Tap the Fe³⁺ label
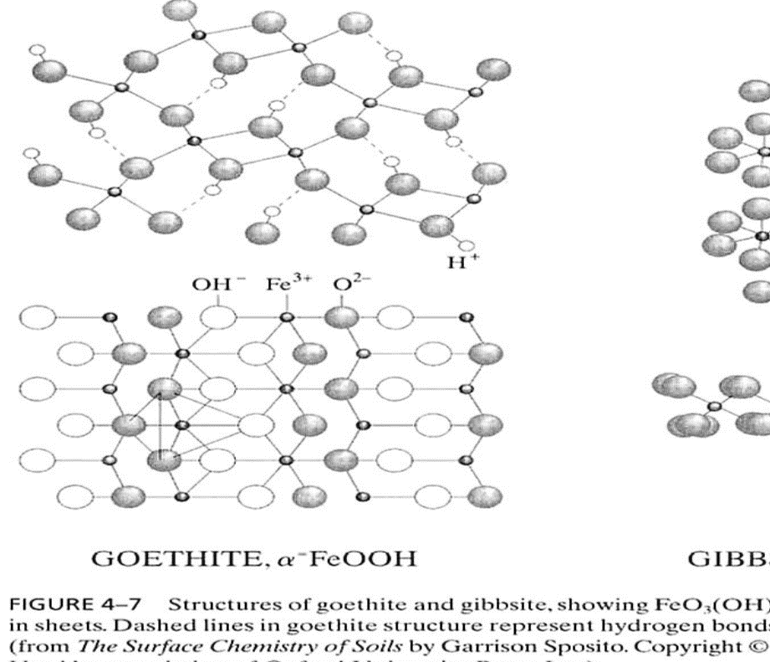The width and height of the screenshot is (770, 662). tap(286, 284)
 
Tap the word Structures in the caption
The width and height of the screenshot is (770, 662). tap(219, 604)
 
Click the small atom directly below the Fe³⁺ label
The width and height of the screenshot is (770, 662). tap(286, 317)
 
